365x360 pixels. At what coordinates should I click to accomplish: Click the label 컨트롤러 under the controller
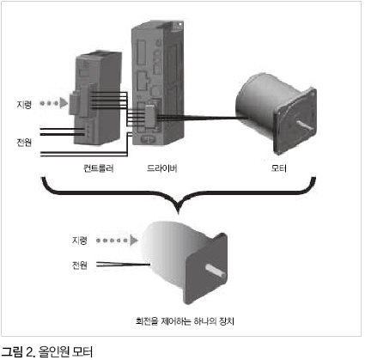pos(98,168)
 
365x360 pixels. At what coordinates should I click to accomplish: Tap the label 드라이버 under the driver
pos(162,168)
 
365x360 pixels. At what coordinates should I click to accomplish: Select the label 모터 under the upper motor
pos(279,168)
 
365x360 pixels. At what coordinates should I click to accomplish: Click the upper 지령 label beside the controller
pos(24,104)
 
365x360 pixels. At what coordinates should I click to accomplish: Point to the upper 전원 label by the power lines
pos(24,143)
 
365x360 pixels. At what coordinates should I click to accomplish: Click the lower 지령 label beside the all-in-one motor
pos(79,240)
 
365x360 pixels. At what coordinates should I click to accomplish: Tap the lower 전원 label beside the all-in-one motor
pos(79,265)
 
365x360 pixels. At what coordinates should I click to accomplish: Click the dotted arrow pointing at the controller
pos(53,103)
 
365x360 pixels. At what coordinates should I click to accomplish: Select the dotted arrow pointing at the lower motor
pos(117,241)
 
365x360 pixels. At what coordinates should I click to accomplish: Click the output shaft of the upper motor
pos(305,125)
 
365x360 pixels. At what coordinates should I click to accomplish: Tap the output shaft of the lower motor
pos(216,272)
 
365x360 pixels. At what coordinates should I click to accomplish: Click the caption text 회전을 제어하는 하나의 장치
pos(185,321)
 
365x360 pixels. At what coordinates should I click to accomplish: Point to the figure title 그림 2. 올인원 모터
pos(47,352)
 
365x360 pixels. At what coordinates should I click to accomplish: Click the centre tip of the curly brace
pos(179,213)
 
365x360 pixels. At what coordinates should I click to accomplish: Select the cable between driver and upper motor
pos(200,118)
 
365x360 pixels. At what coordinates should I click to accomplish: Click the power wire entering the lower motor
pos(123,264)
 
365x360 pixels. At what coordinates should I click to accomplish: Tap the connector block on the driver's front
pos(150,117)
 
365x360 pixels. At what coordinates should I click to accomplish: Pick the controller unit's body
pos(97,99)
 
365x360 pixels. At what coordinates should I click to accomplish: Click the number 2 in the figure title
pos(29,352)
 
